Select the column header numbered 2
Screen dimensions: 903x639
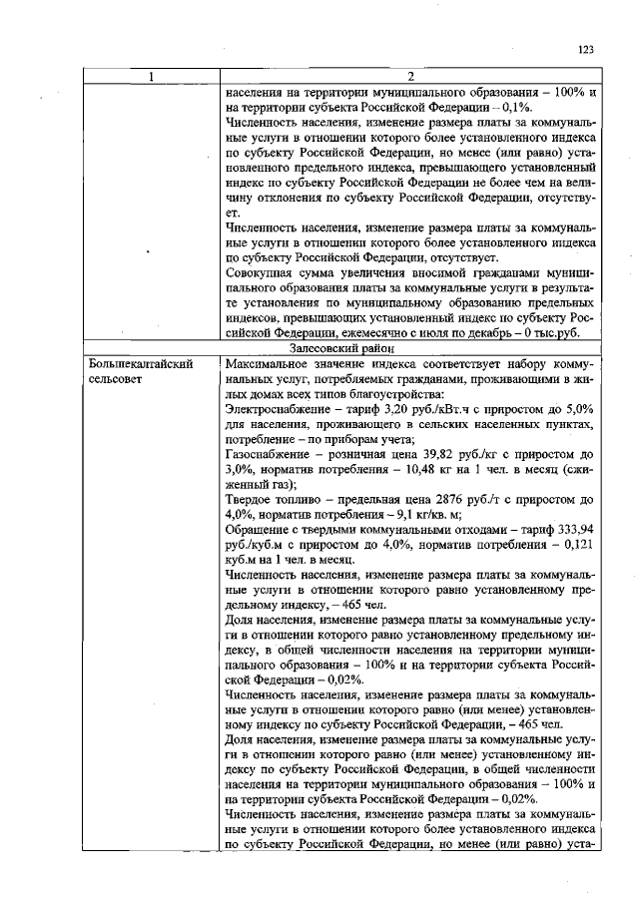point(410,76)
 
